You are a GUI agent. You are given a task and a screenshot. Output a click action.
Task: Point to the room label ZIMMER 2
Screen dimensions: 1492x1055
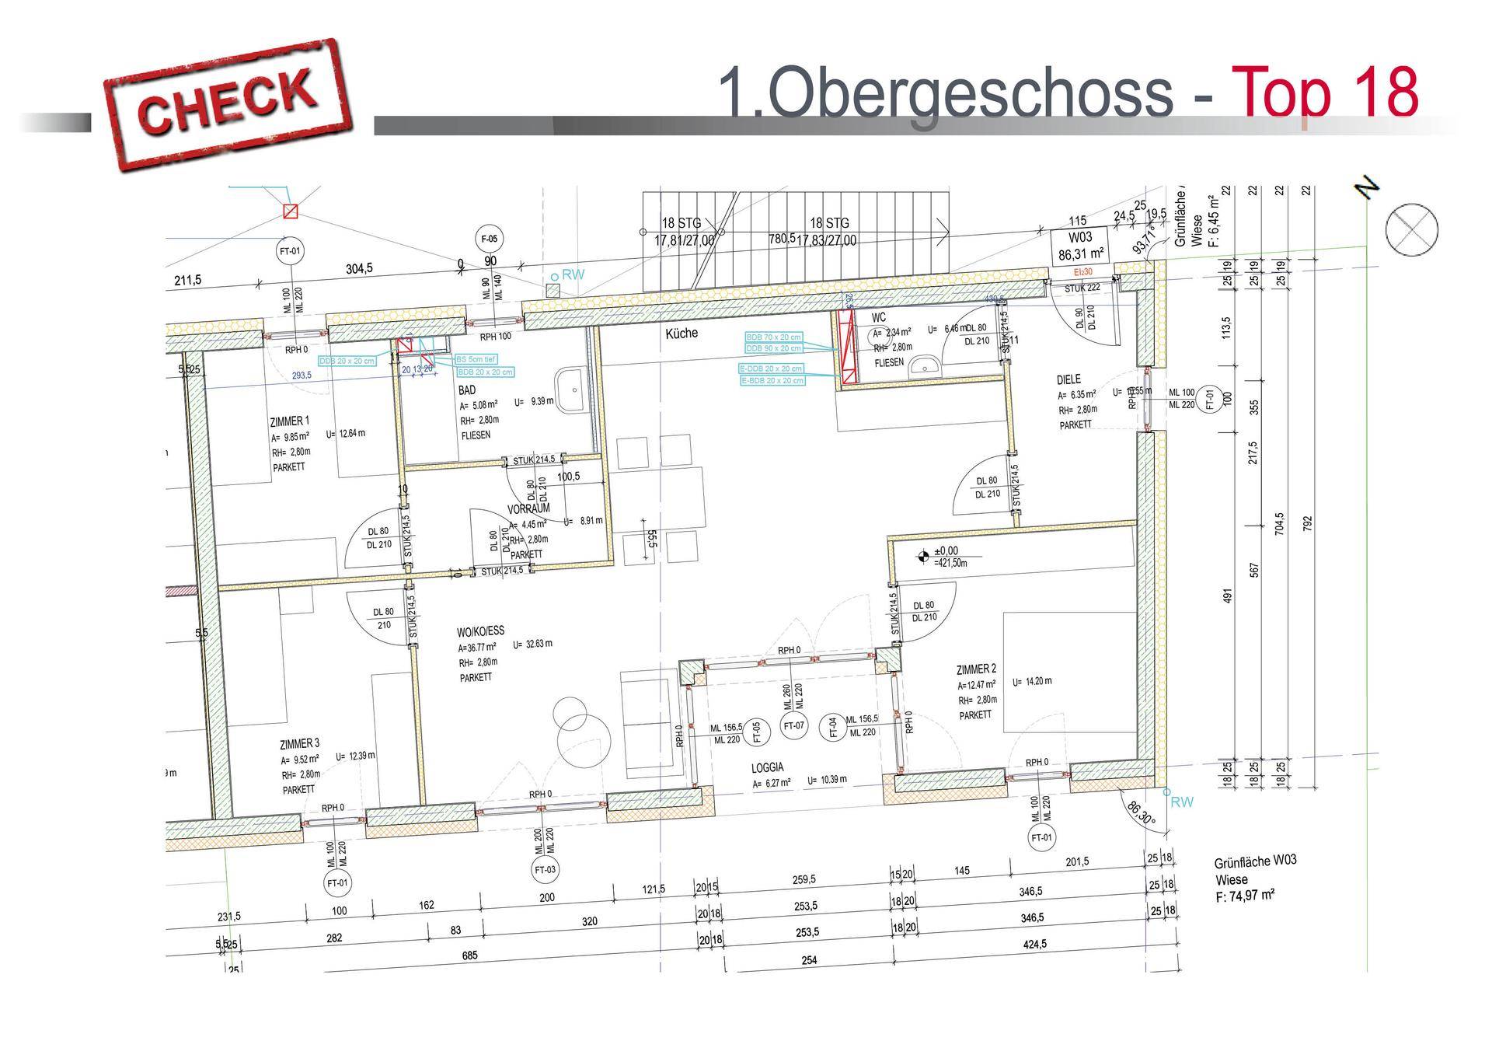click(976, 669)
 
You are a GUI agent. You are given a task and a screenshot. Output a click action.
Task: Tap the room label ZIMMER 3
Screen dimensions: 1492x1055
click(299, 743)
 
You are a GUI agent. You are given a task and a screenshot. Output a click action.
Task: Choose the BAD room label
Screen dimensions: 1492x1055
click(466, 390)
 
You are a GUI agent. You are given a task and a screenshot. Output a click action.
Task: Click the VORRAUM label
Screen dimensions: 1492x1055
click(528, 508)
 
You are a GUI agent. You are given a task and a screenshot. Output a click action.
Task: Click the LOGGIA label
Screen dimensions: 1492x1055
click(767, 767)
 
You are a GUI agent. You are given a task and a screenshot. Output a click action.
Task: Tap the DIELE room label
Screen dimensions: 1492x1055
click(1068, 379)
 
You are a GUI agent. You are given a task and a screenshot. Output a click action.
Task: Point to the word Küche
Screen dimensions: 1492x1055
click(682, 333)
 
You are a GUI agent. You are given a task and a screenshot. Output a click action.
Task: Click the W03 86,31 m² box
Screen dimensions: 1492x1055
click(1080, 245)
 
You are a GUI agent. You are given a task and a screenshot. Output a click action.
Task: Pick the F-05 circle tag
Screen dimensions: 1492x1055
click(490, 239)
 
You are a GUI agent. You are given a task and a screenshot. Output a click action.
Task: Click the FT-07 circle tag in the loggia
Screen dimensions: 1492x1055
click(794, 727)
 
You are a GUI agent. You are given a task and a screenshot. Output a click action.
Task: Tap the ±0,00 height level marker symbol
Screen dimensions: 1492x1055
click(923, 555)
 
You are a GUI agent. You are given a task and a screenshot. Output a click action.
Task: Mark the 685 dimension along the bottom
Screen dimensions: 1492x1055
click(469, 955)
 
